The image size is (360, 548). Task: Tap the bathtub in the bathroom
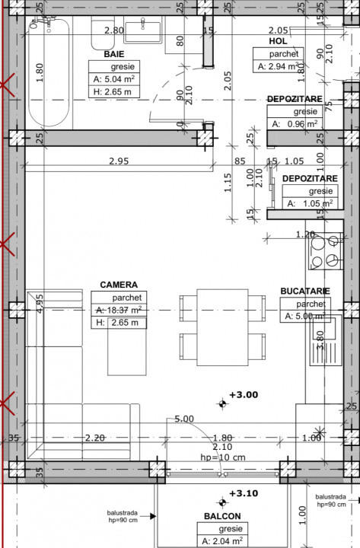point(49,76)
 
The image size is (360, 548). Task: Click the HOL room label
point(278,41)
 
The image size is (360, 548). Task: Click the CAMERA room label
point(119,285)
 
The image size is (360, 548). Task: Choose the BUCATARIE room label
point(304,291)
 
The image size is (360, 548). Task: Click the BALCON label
point(222,516)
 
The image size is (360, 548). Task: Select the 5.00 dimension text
point(183,419)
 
